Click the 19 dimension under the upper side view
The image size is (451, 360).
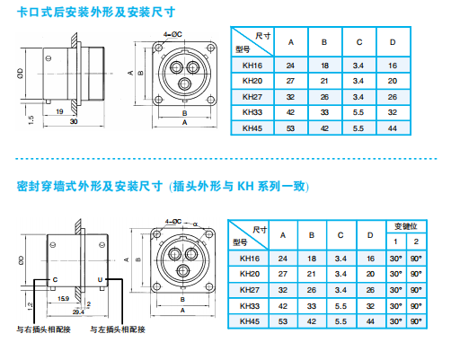click(59, 111)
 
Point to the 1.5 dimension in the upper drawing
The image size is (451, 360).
click(31, 120)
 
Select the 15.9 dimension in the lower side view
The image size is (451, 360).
click(64, 299)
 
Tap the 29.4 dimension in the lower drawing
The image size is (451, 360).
click(78, 312)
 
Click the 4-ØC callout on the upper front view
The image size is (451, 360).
click(172, 34)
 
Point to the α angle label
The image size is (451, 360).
click(195, 224)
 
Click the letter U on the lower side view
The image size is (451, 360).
click(100, 280)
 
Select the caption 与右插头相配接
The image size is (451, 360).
click(43, 329)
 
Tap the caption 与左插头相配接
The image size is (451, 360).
click(118, 329)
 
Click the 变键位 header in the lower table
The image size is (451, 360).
click(406, 226)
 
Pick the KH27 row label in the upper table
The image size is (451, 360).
click(252, 97)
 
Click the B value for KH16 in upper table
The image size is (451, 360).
click(324, 66)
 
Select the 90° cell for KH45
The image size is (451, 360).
click(416, 321)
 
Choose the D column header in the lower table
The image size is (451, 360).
click(370, 235)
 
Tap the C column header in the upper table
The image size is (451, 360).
click(359, 42)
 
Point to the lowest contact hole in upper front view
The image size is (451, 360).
click(184, 83)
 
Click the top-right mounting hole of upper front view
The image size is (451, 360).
click(211, 48)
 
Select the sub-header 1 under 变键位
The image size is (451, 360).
click(395, 241)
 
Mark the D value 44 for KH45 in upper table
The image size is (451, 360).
click(393, 128)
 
